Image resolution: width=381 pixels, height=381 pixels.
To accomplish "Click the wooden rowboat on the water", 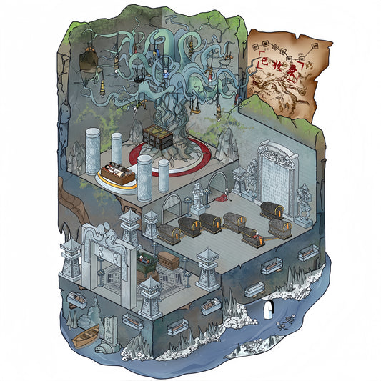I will pos(84,335).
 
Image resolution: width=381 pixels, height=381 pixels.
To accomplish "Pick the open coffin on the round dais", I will pos(117,173).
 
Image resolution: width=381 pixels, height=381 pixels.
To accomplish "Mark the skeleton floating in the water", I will pos(287,322).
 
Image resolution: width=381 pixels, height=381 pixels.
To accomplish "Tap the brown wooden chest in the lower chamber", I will pos(167,259).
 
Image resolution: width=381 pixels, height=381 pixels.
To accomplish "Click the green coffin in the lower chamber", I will pos(147,265).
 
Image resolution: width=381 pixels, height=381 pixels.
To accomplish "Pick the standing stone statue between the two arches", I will pos(198,197).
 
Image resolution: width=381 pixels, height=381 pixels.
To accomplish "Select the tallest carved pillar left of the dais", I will pos(92,151).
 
